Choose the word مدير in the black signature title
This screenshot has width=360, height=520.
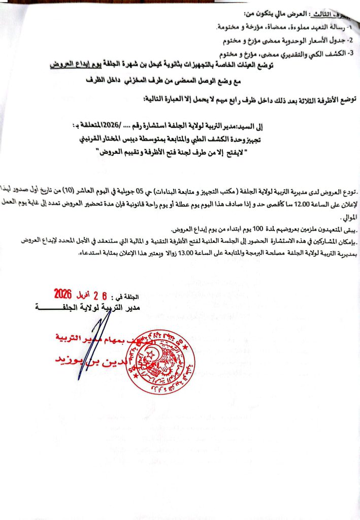pyautogui.click(x=129, y=307)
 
